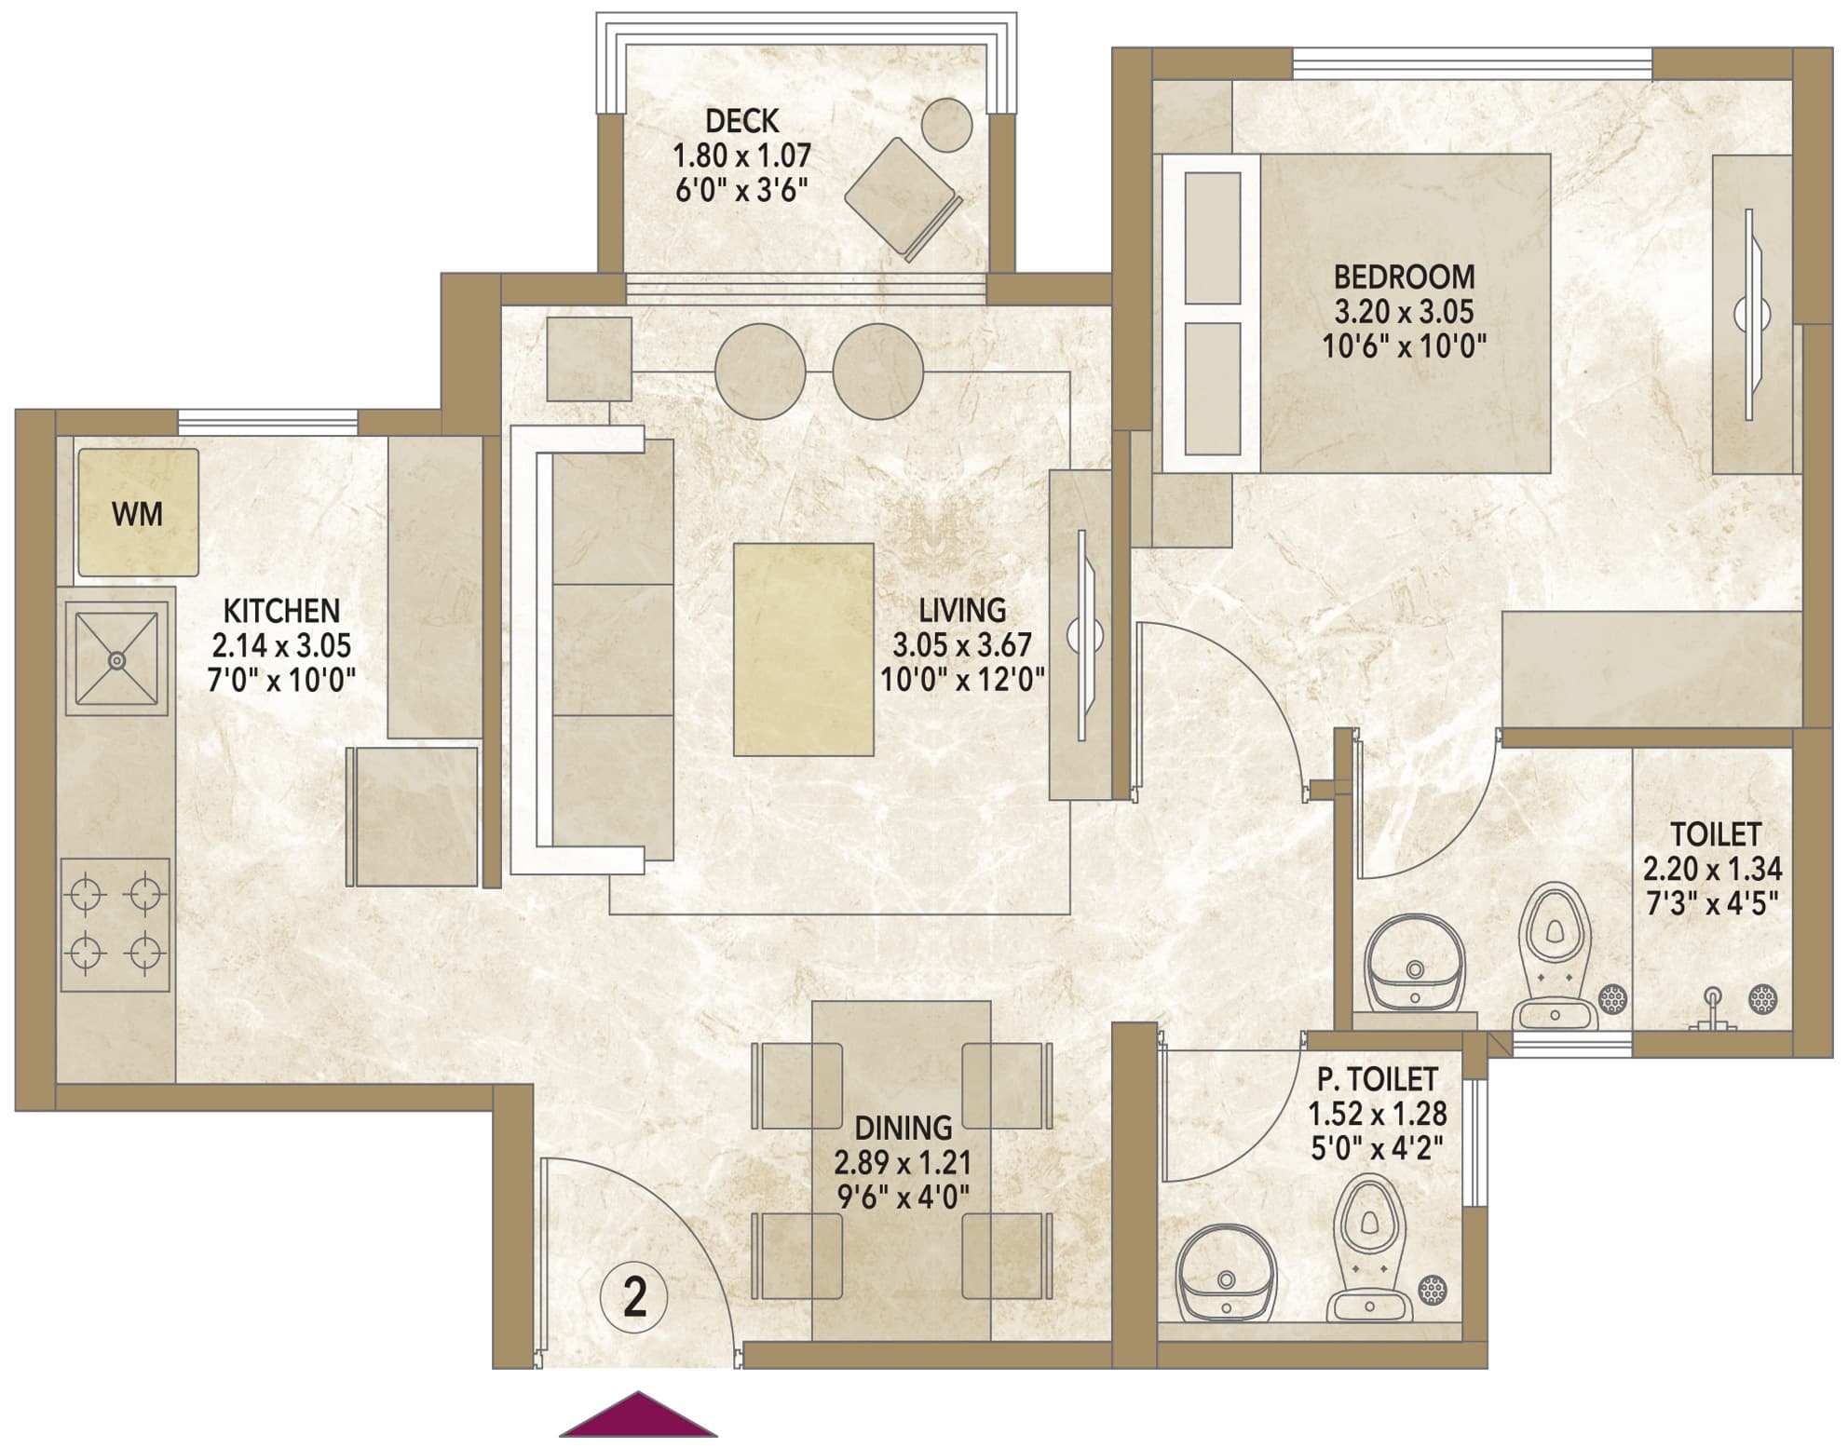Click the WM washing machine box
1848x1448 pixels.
coord(138,513)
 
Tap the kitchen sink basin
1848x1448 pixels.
coord(116,659)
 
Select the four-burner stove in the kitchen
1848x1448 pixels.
coord(115,925)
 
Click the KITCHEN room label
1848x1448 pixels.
coord(281,611)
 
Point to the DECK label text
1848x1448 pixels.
coord(742,121)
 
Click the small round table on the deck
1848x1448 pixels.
coord(947,125)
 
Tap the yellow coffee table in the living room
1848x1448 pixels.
coord(804,650)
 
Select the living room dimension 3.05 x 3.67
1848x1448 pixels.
coord(962,645)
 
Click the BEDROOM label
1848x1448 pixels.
coord(1405,277)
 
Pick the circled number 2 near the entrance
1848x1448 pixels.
coord(634,1297)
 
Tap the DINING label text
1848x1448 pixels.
coord(904,1129)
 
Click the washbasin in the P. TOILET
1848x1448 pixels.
coord(1226,1273)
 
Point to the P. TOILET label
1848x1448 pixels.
coord(1378,1079)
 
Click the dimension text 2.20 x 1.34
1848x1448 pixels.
coord(1712,869)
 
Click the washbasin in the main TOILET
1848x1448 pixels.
coord(1415,963)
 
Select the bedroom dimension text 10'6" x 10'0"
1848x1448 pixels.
coord(1405,346)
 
